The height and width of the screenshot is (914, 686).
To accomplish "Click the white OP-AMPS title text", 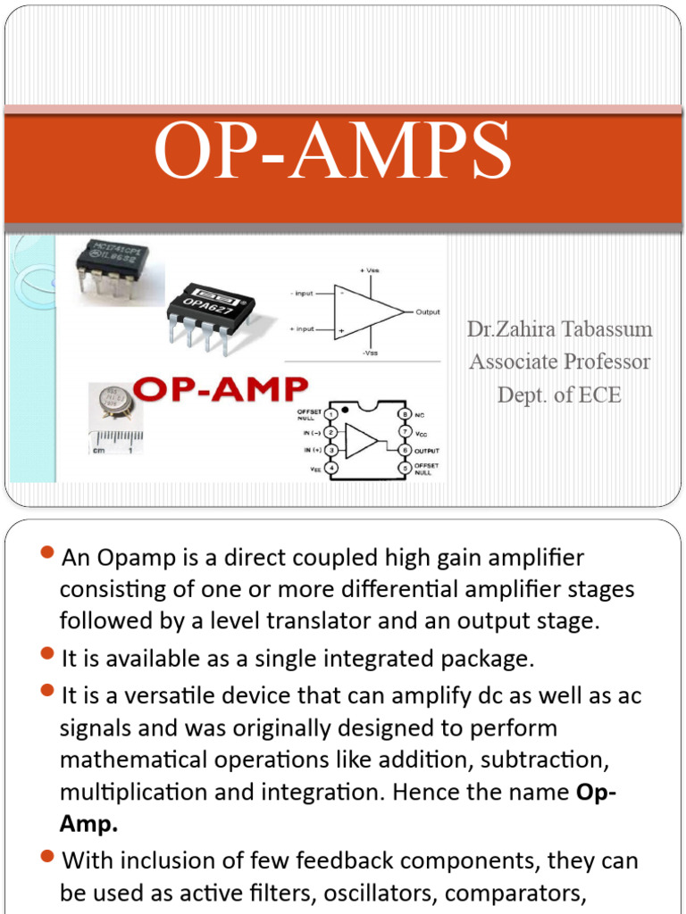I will (x=332, y=153).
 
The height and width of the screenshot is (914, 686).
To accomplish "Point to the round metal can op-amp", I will (x=112, y=404).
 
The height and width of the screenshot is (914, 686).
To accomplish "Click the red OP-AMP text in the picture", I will (x=220, y=390).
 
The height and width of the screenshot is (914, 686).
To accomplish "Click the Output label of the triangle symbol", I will (x=428, y=312).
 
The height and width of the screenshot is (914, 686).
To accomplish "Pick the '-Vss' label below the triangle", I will (x=369, y=353).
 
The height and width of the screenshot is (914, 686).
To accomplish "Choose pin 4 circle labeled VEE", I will (x=331, y=468).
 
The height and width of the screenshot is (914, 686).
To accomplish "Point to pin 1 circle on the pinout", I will (x=331, y=414).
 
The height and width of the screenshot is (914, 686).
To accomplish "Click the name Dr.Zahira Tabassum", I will (x=559, y=329).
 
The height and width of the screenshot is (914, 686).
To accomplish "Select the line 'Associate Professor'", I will (x=559, y=361).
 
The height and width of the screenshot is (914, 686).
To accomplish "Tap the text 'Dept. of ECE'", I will (x=559, y=395).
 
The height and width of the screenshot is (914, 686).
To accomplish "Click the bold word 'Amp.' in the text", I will (x=88, y=825).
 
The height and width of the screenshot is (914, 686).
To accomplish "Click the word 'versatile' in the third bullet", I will (x=170, y=694).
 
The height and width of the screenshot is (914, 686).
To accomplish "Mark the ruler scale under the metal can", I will (x=115, y=439).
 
